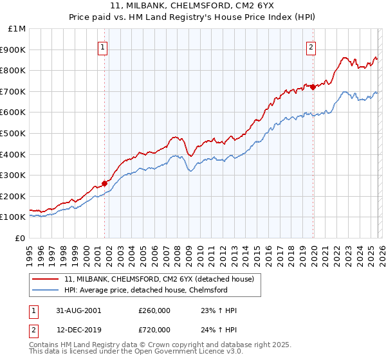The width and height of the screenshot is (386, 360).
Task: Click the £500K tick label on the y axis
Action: point(13,133)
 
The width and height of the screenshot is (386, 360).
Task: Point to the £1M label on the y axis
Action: point(17,28)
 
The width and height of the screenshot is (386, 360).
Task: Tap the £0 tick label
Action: point(21,238)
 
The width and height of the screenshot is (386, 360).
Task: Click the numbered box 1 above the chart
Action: point(104,46)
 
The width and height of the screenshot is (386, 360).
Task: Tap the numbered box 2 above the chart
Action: point(311,46)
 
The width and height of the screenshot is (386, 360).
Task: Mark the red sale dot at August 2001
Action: point(104,183)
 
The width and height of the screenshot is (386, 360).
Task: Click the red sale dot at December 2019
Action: point(313,87)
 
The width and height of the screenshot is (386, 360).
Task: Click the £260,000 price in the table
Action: point(154,310)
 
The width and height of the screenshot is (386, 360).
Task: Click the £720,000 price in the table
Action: point(154,328)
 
